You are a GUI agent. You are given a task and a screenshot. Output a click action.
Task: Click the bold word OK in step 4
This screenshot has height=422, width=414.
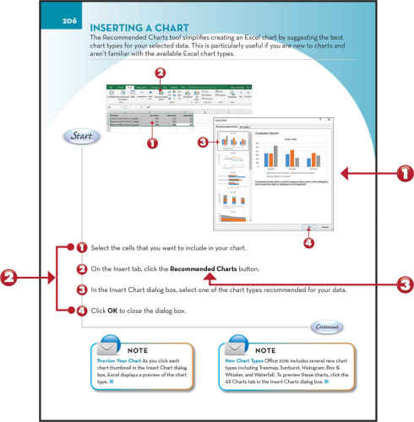(112, 311)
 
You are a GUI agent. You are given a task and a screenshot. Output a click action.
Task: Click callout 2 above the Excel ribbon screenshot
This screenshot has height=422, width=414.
(161, 73)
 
